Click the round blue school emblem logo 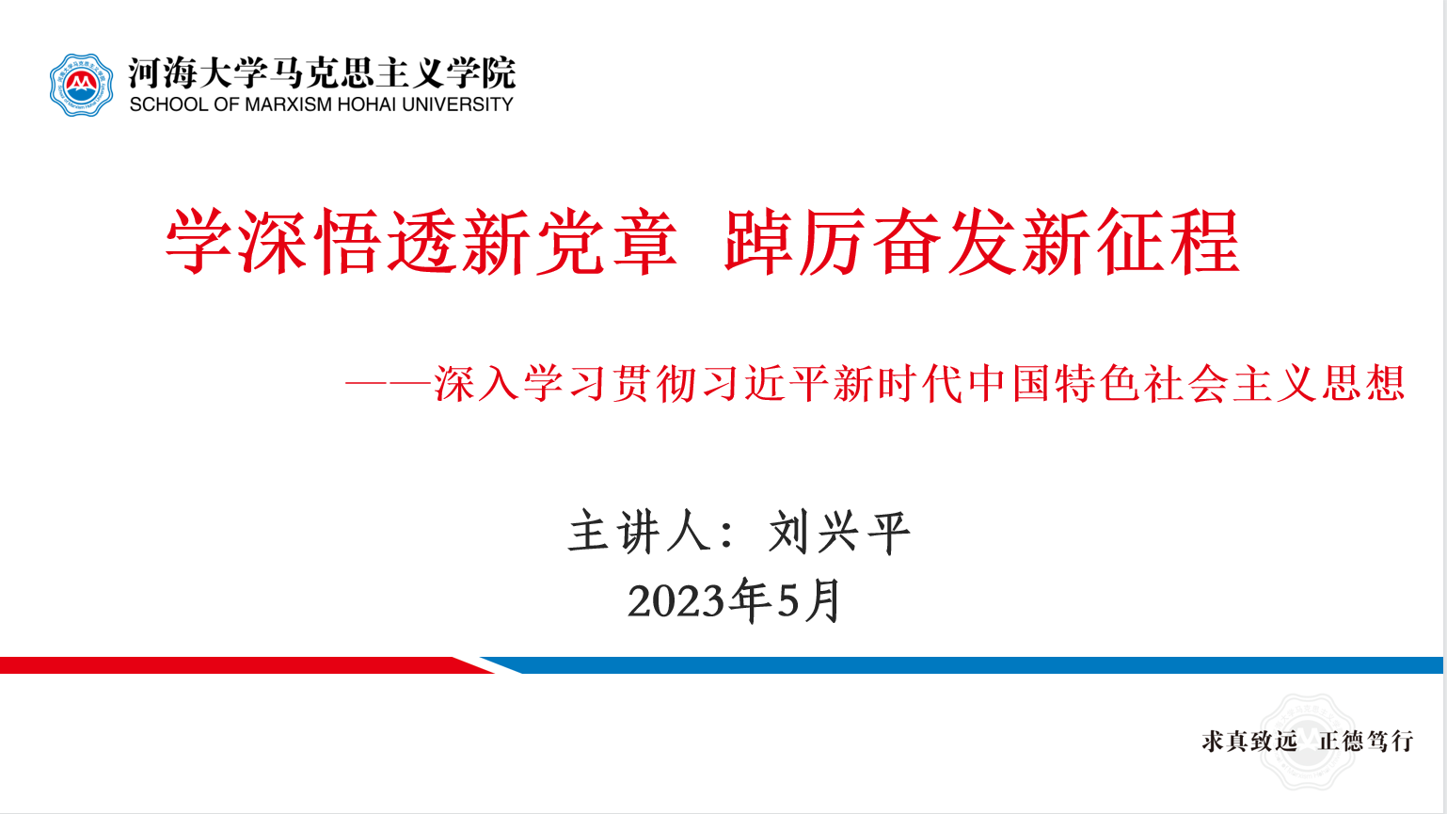[x=82, y=85]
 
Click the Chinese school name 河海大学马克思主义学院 [x=322, y=72]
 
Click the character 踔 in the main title [x=758, y=242]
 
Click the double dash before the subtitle [x=388, y=384]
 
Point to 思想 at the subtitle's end [x=1363, y=384]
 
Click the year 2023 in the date [x=676, y=600]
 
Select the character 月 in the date [x=821, y=600]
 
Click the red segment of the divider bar [x=246, y=664]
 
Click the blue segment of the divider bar [x=962, y=664]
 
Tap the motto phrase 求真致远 [x=1249, y=741]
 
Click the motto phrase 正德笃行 [x=1365, y=741]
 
